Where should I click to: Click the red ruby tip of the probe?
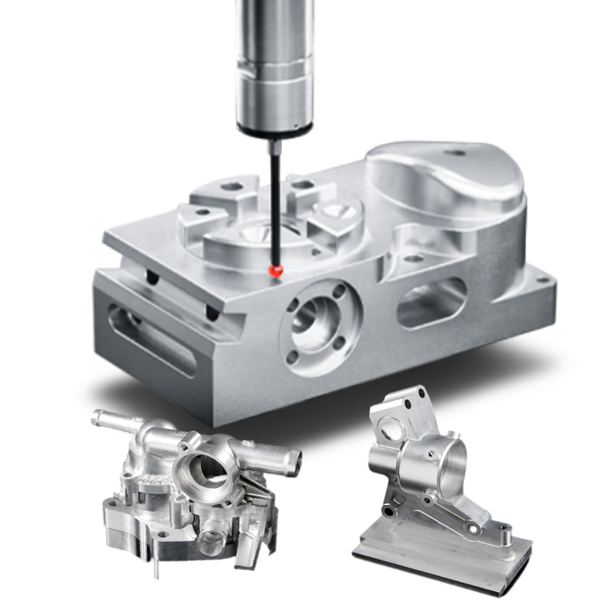click(x=274, y=269)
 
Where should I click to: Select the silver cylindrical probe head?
click(x=274, y=59)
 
